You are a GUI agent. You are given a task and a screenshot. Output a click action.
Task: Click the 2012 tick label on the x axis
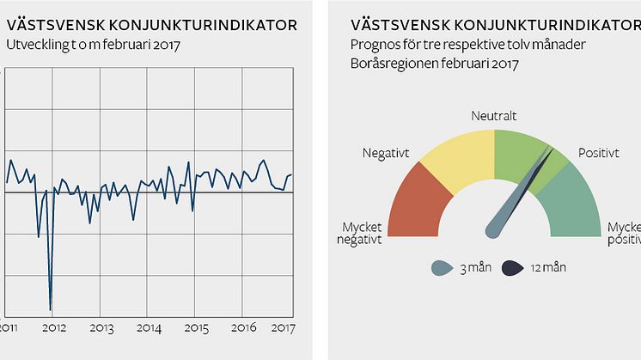tap(54, 328)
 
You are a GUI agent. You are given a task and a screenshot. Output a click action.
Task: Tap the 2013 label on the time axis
tap(101, 328)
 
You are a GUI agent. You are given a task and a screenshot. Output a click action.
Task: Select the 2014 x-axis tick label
tap(149, 328)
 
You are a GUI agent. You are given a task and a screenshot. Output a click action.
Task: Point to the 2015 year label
tap(197, 328)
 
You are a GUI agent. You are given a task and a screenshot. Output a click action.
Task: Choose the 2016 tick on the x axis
tap(244, 328)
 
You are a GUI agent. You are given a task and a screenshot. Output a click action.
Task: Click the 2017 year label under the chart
tap(284, 328)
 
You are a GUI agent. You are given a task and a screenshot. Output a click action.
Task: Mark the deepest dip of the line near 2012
tap(51, 308)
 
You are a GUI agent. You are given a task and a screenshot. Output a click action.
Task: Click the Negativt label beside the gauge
tap(385, 154)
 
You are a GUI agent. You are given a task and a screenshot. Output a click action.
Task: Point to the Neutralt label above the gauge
tap(494, 115)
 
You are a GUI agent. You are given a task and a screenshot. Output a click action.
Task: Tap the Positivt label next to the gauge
tap(598, 154)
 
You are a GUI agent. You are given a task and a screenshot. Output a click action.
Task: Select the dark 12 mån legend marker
tap(512, 268)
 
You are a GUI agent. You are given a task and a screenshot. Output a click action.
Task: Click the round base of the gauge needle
tap(494, 229)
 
